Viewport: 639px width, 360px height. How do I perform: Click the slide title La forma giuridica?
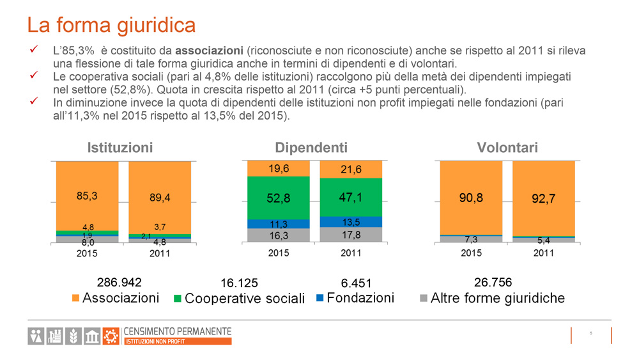(111, 25)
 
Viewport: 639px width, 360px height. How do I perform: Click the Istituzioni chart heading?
(120, 148)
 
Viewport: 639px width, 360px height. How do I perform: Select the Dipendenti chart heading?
(311, 148)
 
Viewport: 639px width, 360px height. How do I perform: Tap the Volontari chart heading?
(507, 148)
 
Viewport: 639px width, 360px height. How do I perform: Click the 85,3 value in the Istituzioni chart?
(87, 196)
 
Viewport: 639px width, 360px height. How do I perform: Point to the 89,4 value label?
(160, 198)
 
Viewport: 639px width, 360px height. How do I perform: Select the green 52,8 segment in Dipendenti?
(279, 198)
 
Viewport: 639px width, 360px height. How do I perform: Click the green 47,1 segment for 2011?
(351, 198)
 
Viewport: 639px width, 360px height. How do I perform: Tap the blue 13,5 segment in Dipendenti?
(351, 222)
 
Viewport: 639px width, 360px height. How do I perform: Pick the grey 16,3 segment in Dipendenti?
(279, 235)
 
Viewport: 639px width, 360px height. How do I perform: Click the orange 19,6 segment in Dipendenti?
(279, 169)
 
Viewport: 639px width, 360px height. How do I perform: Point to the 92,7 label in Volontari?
(543, 199)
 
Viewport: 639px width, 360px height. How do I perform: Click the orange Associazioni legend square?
(76, 298)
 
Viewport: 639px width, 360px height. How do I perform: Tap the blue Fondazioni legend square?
(320, 297)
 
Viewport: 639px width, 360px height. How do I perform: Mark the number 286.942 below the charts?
(119, 282)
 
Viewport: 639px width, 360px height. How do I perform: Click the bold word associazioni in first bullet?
(210, 51)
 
